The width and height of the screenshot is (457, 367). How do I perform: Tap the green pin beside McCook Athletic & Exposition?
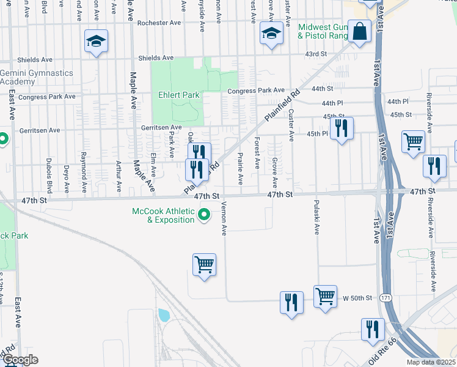pyautogui.click(x=205, y=215)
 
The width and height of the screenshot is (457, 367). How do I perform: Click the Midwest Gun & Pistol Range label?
pyautogui.click(x=323, y=32)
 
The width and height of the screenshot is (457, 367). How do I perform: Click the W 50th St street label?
pyautogui.click(x=357, y=298)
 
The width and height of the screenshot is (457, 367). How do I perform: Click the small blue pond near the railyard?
pyautogui.click(x=163, y=315)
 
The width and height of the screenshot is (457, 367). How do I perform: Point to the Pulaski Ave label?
pyautogui.click(x=316, y=217)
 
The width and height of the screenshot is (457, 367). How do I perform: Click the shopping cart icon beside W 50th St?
pyautogui.click(x=326, y=296)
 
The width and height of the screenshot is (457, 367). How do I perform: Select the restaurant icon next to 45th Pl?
pyautogui.click(x=340, y=128)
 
